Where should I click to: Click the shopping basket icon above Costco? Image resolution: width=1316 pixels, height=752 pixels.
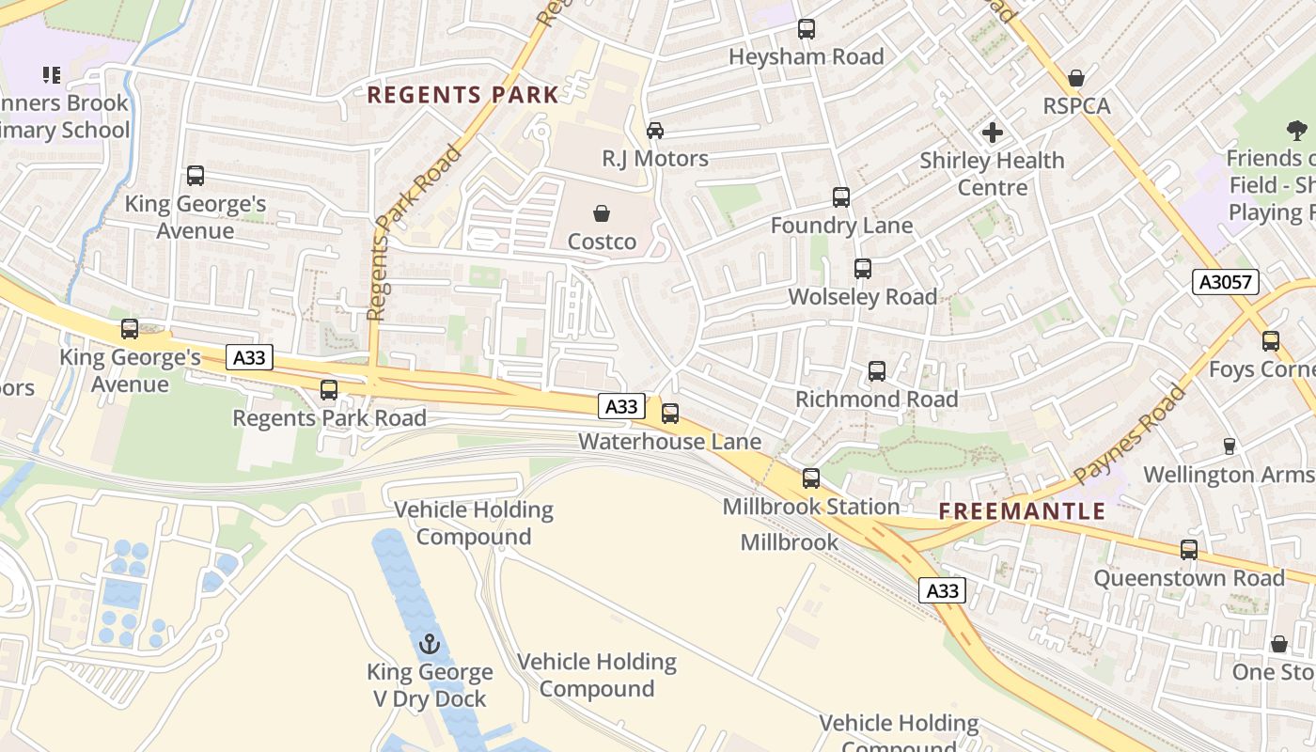[x=602, y=214]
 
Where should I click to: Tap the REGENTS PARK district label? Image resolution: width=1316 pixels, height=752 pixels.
[x=462, y=95]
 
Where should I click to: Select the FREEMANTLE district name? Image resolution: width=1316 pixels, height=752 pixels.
[x=1023, y=512]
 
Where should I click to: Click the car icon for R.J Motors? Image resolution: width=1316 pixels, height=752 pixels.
[x=655, y=131]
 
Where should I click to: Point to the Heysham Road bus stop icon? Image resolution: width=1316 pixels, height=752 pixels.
[x=807, y=29]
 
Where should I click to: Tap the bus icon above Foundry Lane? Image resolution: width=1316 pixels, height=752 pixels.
[x=841, y=197]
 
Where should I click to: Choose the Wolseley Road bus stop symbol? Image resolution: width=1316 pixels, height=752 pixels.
[x=863, y=269]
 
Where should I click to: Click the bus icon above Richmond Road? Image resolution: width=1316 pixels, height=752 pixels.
[x=877, y=371]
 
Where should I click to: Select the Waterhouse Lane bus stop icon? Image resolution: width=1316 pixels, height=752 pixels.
[x=670, y=414]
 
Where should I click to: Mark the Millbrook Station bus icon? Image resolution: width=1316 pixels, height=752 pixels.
[x=811, y=478]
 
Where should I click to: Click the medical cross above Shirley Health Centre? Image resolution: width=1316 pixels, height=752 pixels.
[x=992, y=133]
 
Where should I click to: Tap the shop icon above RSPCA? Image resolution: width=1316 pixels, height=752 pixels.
[x=1076, y=78]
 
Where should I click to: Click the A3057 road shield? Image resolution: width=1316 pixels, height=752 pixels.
[x=1225, y=282]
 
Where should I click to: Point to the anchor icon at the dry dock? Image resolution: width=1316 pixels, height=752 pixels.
[x=430, y=644]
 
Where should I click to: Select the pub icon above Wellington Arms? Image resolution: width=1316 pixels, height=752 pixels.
[x=1229, y=446]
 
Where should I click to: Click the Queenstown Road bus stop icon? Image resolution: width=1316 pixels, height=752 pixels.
[x=1189, y=550]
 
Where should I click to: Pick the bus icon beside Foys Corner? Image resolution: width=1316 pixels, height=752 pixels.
[x=1271, y=341]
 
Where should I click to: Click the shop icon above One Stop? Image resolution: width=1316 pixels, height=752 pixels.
[x=1279, y=645]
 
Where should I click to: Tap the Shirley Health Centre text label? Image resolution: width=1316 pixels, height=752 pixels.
[x=992, y=174]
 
